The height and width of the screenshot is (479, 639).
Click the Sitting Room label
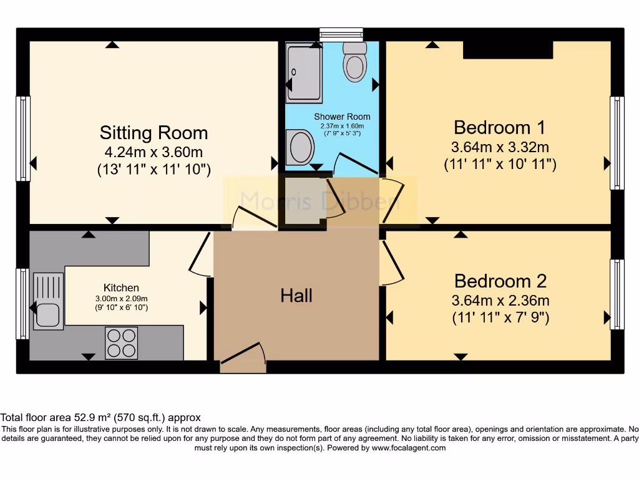click(x=154, y=133)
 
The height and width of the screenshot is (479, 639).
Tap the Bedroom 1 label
click(x=499, y=127)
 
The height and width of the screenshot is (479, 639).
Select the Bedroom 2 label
click(x=500, y=280)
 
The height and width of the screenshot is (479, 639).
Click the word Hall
click(x=296, y=296)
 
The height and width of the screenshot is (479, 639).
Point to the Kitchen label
click(x=121, y=288)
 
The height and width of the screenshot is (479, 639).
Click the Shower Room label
click(x=342, y=117)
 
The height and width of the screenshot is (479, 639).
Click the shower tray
click(x=304, y=72)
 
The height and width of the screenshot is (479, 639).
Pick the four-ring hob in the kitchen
click(x=121, y=342)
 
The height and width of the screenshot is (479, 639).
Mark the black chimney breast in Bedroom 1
click(x=507, y=49)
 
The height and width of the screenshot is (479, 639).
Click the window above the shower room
click(x=341, y=34)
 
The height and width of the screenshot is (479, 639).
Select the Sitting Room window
click(x=23, y=138)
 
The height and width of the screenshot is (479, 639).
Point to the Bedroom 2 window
click(x=617, y=294)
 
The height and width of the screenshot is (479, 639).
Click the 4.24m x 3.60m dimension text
click(x=154, y=152)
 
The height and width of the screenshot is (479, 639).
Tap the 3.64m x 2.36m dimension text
click(x=500, y=300)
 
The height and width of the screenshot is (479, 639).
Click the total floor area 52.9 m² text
click(x=100, y=417)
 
